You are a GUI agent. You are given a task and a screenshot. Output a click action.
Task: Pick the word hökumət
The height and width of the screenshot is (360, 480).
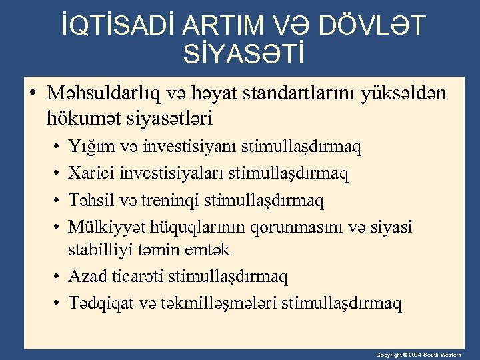pos(79,119)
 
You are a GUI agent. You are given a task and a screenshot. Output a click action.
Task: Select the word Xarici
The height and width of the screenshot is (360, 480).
pos(91,173)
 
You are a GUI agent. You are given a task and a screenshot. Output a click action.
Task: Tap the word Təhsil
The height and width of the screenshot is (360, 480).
pos(90,199)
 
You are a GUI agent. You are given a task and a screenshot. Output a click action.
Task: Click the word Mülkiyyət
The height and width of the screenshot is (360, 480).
pos(109,227)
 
